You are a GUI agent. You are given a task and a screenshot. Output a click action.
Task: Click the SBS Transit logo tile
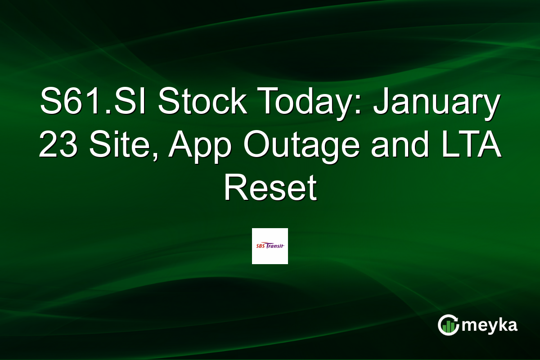click(270, 246)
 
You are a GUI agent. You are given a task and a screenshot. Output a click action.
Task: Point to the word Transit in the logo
click(277, 246)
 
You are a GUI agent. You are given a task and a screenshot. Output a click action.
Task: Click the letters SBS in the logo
click(260, 246)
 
